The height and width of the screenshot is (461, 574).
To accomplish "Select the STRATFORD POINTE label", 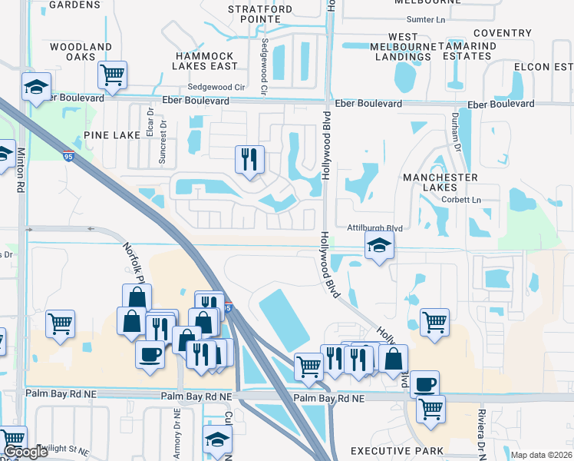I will pos(260,16).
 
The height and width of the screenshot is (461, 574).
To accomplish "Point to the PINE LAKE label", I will pos(111,135).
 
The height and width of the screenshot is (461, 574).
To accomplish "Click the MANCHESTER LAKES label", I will pos(440,184).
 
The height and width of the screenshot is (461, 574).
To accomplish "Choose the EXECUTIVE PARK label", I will pos(397,450).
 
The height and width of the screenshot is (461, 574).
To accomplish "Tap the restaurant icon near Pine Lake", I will pos(249,159).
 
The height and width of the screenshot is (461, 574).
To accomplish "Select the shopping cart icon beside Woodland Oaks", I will pos(113,75).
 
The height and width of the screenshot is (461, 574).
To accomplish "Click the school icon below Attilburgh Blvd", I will pos(379,246).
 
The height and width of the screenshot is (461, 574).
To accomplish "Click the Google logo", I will pos(25,452).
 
